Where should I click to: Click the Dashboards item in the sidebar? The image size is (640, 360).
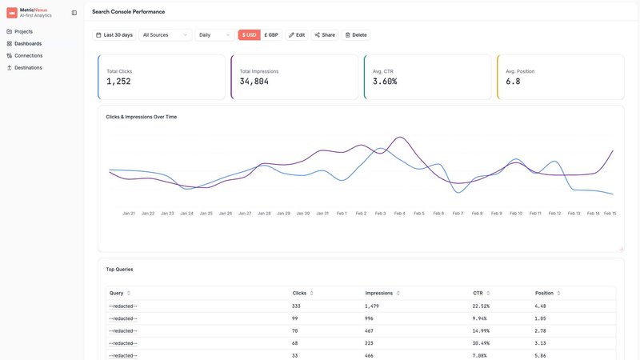[28, 43]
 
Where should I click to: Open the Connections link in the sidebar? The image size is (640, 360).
[28, 55]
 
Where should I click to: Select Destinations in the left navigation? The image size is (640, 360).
[28, 67]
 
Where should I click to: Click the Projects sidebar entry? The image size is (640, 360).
[24, 31]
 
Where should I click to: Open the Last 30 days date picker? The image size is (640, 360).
[114, 35]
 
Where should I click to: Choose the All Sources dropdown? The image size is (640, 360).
[166, 35]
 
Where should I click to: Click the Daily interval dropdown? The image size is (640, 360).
[214, 35]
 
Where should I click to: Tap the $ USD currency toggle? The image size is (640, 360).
[249, 35]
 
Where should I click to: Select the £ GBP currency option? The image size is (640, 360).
[271, 35]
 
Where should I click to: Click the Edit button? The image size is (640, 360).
[297, 35]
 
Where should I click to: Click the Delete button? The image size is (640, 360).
[355, 35]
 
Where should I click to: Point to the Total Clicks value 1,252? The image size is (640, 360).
[118, 82]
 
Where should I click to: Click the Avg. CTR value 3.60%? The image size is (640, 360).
[385, 82]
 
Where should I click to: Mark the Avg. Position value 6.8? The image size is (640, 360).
[513, 82]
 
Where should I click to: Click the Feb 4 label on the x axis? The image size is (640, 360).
[399, 214]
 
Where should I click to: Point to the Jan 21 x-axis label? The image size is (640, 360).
[128, 214]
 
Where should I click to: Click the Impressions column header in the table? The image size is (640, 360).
[379, 293]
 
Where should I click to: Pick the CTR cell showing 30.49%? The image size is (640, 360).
[482, 342]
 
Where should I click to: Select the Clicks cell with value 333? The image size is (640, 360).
[297, 306]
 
